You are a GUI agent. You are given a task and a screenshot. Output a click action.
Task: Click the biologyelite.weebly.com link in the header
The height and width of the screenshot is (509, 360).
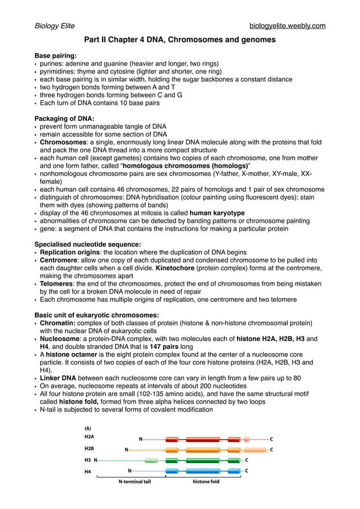[x=287, y=26]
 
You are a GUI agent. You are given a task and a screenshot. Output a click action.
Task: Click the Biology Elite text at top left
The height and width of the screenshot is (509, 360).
[x=55, y=26]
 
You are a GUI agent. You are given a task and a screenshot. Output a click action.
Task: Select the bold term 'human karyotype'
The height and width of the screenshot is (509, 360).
[x=217, y=213]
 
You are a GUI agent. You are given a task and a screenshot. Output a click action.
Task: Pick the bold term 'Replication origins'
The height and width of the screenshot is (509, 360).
[x=69, y=252]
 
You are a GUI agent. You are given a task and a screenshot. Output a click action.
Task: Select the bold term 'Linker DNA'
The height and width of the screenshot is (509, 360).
[x=58, y=378]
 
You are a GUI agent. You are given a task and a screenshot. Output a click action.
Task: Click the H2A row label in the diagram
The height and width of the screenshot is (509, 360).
[x=89, y=437]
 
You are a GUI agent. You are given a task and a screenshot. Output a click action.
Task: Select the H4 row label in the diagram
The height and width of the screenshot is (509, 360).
[x=88, y=471]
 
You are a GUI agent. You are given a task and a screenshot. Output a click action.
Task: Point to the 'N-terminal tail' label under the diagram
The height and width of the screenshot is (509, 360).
[x=135, y=482]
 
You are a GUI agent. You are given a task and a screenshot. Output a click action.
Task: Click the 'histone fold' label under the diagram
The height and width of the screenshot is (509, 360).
[x=206, y=482]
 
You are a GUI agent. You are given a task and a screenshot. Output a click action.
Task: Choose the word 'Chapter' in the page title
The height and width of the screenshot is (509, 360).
[x=126, y=40]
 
